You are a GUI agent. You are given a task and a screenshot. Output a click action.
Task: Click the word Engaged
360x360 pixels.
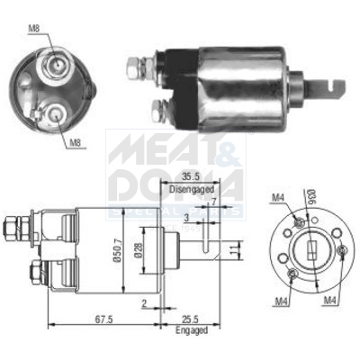(x=191, y=331)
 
